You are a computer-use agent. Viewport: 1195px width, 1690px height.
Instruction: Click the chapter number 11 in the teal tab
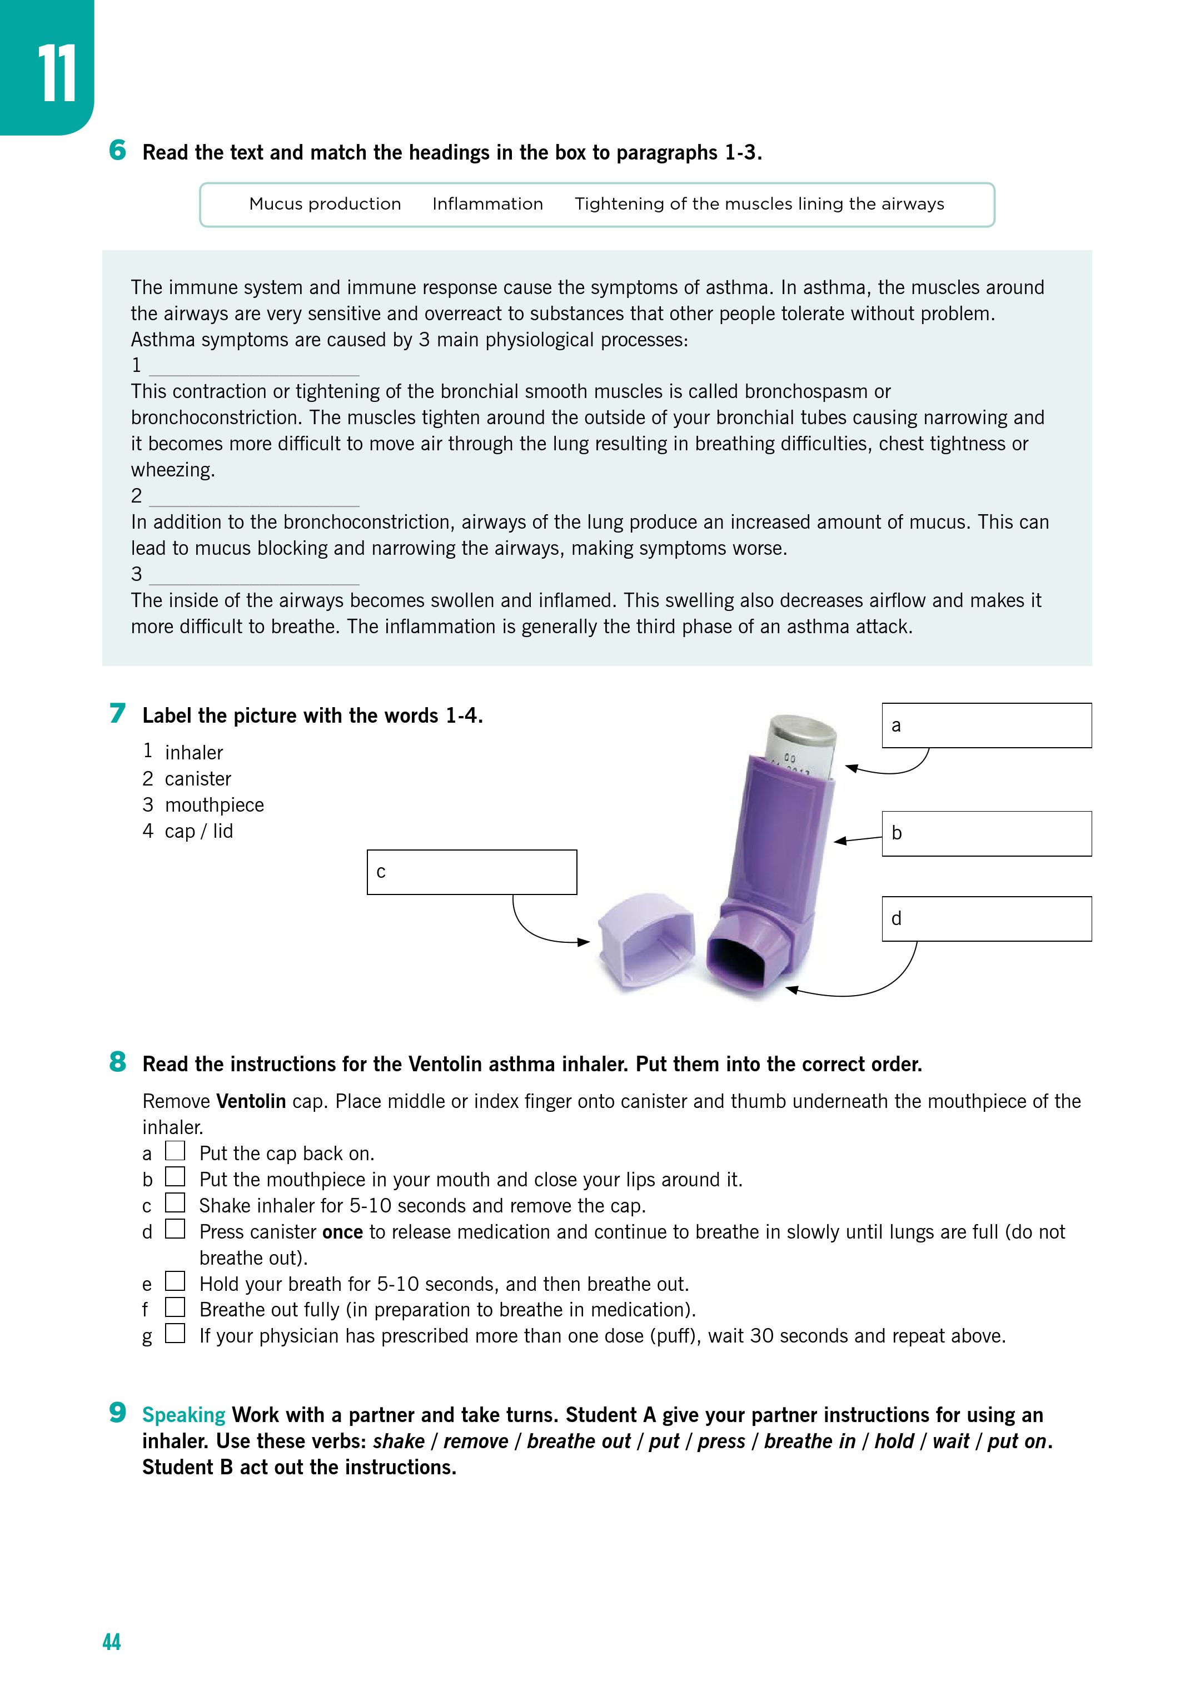[x=57, y=73]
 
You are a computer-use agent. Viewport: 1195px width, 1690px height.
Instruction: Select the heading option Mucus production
[x=325, y=204]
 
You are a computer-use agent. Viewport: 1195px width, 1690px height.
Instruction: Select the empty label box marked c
[x=472, y=872]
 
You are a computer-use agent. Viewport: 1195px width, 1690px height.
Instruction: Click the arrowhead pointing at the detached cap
[x=585, y=942]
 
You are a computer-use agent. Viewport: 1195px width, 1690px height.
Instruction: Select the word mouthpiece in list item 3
[x=214, y=806]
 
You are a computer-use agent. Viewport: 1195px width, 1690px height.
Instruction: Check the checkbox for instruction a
[x=175, y=1150]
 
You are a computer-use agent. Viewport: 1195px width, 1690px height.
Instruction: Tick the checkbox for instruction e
[x=175, y=1281]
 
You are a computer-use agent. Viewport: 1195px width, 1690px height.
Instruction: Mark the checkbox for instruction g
[x=175, y=1333]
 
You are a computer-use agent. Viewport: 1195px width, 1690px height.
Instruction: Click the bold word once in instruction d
[x=342, y=1232]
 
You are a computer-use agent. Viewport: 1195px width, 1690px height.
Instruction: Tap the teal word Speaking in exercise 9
[x=183, y=1415]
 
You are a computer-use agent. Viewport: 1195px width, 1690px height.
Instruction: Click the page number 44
[x=111, y=1642]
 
